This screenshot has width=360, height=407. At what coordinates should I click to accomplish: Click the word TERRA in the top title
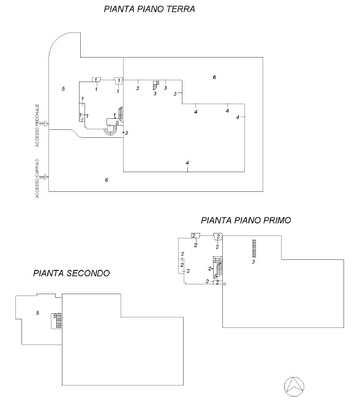tap(181, 9)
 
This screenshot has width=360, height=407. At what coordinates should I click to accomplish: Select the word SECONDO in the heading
tap(88, 273)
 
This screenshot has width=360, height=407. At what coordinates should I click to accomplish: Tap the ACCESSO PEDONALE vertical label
tap(37, 126)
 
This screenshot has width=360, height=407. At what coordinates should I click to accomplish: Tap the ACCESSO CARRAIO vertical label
tap(37, 178)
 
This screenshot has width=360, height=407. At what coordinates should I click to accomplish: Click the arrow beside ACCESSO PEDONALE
tap(45, 124)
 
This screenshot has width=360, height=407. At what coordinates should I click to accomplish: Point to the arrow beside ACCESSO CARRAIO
tap(45, 177)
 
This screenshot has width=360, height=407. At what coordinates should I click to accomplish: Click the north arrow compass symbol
tap(294, 387)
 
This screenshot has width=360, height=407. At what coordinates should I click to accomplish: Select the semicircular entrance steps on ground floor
tap(111, 131)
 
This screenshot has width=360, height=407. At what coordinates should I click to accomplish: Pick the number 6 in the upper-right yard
tap(214, 77)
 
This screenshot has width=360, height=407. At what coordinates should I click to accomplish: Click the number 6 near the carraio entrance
tap(107, 180)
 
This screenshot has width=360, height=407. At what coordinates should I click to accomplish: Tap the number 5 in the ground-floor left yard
tap(63, 89)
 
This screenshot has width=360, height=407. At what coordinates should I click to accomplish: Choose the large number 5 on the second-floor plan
tap(37, 313)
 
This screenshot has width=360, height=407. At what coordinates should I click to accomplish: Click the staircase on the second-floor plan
tap(59, 321)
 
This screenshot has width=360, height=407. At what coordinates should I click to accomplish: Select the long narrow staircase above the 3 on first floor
tap(254, 248)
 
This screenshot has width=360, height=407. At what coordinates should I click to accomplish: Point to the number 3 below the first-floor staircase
tap(253, 262)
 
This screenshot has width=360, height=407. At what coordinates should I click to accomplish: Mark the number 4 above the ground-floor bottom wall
tap(187, 163)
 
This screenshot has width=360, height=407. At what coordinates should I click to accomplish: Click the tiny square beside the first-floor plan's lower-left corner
tap(225, 284)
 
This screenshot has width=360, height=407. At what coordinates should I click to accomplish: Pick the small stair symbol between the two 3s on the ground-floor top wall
tap(156, 85)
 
